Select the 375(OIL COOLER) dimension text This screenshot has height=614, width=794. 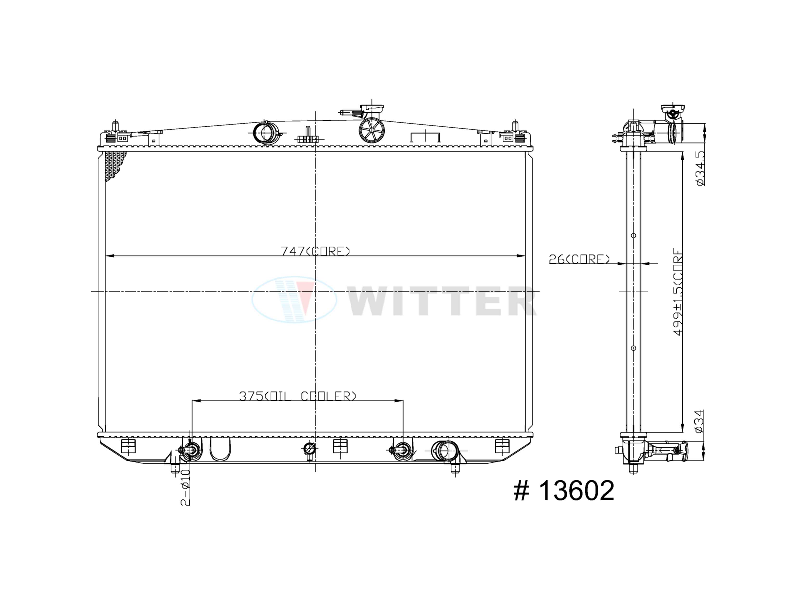tap(297, 396)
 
